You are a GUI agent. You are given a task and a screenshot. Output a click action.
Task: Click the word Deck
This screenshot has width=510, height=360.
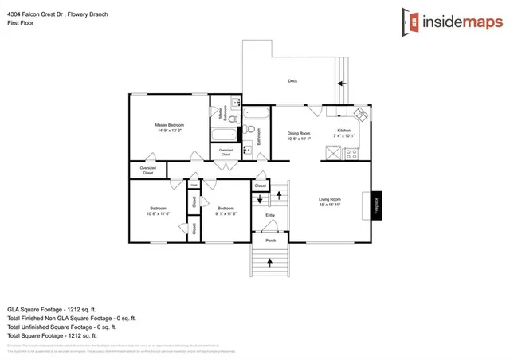(x=292, y=81)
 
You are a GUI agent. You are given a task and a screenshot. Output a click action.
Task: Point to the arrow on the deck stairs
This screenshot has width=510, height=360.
(x=342, y=82)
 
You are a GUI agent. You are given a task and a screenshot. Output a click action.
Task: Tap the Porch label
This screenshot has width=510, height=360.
(x=270, y=238)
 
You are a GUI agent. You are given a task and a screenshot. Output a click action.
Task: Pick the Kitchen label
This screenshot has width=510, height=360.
(x=344, y=130)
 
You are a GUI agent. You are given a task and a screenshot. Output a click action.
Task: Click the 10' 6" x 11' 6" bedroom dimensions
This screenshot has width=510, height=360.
(x=158, y=213)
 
